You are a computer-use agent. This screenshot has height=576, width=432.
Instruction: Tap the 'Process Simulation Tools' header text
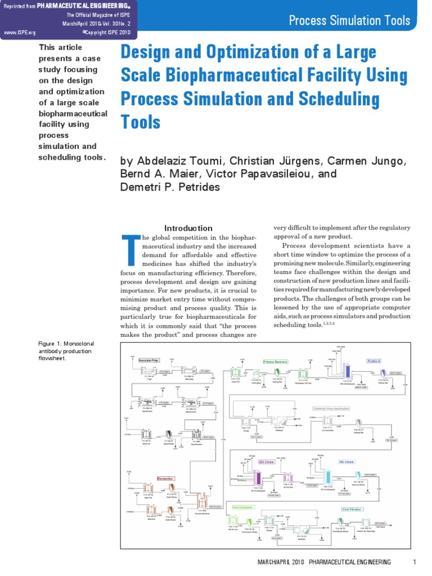coord(349,21)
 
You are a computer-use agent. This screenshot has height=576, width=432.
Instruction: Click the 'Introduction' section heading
coord(188,228)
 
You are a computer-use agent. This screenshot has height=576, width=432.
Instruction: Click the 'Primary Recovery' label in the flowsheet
coord(276,362)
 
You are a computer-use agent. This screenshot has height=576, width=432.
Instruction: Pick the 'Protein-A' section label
coord(373,361)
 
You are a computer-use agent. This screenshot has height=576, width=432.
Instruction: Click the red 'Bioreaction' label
coord(165,478)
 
